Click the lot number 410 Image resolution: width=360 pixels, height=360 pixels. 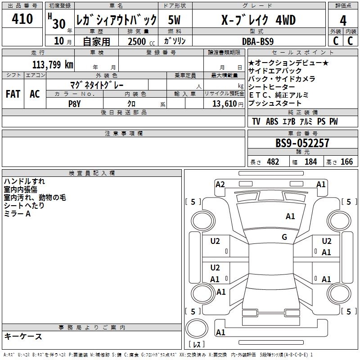[22, 19]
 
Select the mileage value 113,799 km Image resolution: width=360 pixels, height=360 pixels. [53, 64]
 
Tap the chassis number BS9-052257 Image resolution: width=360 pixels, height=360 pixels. [302, 143]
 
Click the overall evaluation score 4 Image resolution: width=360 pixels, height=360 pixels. [343, 20]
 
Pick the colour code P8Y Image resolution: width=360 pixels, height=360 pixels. [74, 103]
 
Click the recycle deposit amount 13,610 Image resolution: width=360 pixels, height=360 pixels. [224, 103]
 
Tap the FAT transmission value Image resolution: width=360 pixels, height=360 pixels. [13, 94]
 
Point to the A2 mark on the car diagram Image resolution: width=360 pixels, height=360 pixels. [220, 184]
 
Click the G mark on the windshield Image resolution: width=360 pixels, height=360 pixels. [284, 237]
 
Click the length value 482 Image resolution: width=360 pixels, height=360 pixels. [273, 162]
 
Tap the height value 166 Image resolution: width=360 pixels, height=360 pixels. [346, 162]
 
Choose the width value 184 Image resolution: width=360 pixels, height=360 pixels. [310, 162]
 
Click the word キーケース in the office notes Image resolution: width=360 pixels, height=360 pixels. [23, 337]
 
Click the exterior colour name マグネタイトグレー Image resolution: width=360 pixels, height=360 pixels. [97, 85]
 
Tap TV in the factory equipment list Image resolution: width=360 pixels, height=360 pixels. [256, 121]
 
